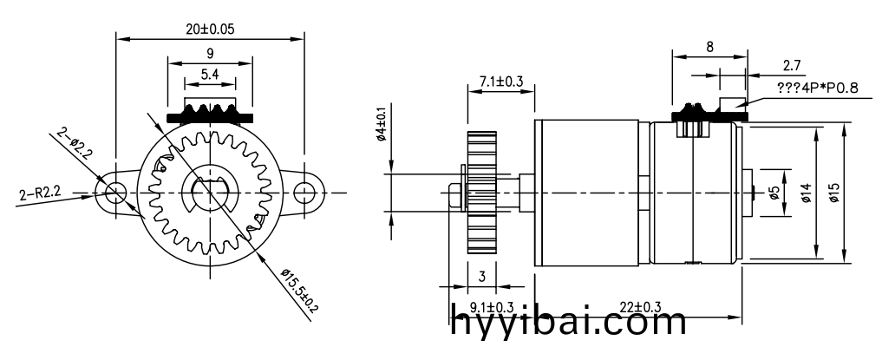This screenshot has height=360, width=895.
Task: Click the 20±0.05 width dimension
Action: tap(211, 28)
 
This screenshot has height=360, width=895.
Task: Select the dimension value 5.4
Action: tap(210, 75)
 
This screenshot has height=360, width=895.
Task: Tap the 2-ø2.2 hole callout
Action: tap(77, 147)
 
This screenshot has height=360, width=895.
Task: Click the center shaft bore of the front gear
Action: tap(210, 192)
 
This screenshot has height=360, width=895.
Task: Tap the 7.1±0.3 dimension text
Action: tap(500, 82)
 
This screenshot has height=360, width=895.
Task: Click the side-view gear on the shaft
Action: tap(480, 193)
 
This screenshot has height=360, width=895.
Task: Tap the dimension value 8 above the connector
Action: tap(709, 48)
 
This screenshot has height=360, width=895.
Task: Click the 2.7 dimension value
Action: tap(791, 65)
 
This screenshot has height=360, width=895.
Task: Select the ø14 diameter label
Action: tap(806, 193)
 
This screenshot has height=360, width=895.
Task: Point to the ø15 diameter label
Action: tap(833, 193)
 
